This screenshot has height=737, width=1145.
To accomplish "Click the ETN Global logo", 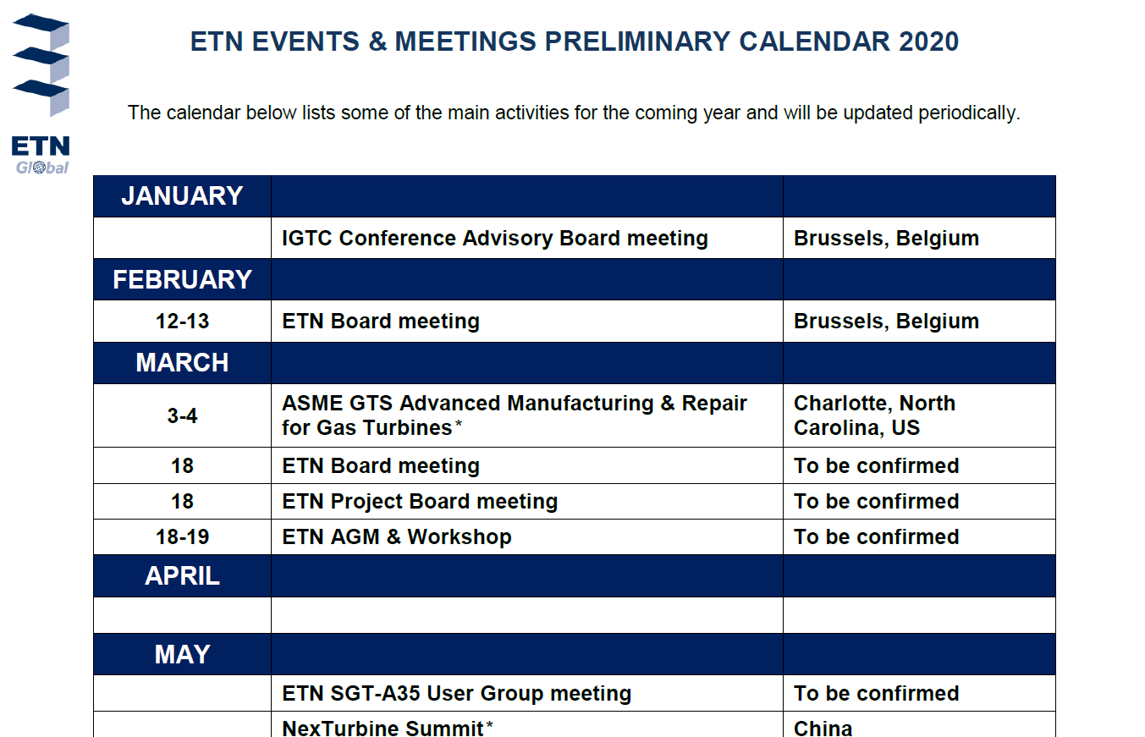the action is point(41,95).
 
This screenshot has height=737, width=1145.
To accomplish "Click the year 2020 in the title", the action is point(928,41).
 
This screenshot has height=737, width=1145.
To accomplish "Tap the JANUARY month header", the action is point(182,195).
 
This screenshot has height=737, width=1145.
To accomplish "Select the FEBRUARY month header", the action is point(182,279).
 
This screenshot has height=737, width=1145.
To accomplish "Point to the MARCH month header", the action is point(182,363).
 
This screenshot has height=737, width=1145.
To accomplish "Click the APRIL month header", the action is point(182,576).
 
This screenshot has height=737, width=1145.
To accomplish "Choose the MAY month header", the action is point(182,654).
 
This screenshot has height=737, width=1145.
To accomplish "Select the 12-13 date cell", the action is point(182,322).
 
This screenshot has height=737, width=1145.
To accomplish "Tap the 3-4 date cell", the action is point(182,415).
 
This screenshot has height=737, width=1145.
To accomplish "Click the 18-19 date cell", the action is point(182,537).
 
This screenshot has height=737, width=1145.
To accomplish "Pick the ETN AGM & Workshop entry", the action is point(397,537).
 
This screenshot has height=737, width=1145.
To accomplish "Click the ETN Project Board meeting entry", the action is point(420,502).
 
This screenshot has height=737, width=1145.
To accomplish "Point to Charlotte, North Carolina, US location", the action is point(874,415).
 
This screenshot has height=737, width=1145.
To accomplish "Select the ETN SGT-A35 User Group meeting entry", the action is point(456,694).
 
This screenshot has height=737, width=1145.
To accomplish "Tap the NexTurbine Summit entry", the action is point(388,728).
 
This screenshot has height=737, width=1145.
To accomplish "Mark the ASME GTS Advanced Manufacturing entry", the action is point(515,415).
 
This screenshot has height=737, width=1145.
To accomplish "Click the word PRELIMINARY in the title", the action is point(637,41).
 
